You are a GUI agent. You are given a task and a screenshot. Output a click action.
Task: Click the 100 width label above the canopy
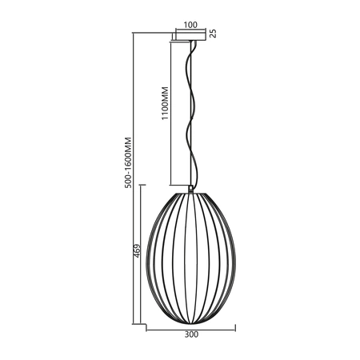190,25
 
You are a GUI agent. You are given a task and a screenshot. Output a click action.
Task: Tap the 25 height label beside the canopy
213,34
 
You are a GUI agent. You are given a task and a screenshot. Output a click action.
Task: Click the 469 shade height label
137,254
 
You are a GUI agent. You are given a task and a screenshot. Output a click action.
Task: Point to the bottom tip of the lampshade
190,321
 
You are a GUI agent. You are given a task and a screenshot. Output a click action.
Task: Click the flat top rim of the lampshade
190,191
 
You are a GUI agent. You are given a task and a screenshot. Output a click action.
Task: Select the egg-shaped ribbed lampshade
190,256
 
